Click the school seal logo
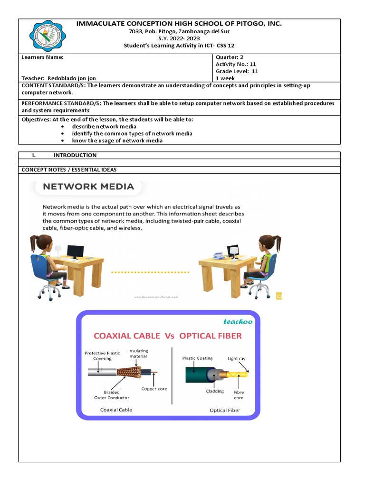click(x=48, y=36)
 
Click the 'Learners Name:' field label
click(x=42, y=57)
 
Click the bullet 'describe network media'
click(x=104, y=127)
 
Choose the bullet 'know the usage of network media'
click(x=117, y=140)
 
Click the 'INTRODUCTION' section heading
click(x=75, y=155)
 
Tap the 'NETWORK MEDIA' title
click(x=88, y=187)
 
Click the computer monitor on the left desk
click(x=76, y=252)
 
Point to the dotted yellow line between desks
click(x=150, y=272)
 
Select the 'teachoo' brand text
click(x=238, y=321)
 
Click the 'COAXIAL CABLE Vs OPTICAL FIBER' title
click(x=167, y=336)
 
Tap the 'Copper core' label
click(x=154, y=389)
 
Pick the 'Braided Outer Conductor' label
click(x=112, y=395)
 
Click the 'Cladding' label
click(x=215, y=392)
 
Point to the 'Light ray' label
click(x=237, y=358)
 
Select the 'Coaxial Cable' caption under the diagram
click(x=116, y=410)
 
